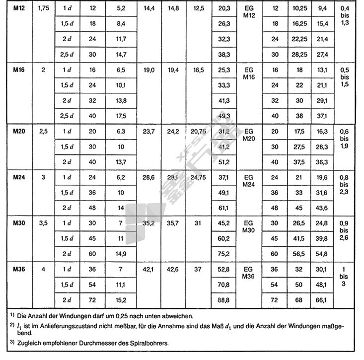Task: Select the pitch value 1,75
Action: (x=43, y=8)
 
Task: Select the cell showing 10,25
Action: (x=299, y=8)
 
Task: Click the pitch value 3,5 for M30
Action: (x=43, y=224)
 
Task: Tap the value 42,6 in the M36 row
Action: (x=173, y=270)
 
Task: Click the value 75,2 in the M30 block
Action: (x=224, y=254)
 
